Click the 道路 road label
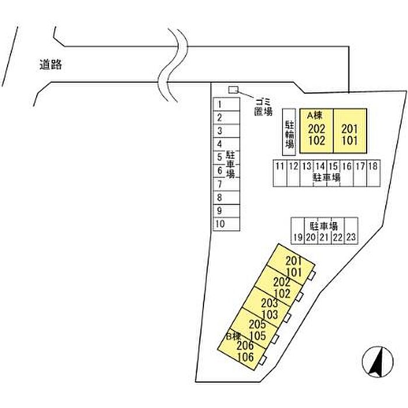tap(51, 65)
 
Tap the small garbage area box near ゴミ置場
tap(233, 90)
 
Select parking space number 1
tap(226, 104)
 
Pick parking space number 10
tap(226, 224)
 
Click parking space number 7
tap(226, 184)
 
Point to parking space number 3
tap(226, 131)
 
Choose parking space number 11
tap(280, 173)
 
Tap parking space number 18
tap(374, 173)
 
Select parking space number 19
tap(298, 231)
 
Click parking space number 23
tap(351, 231)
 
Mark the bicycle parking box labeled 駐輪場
tap(289, 132)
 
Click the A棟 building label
tap(314, 115)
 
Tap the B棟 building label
tap(233, 336)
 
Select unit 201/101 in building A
tap(350, 131)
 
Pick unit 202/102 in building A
tap(316, 131)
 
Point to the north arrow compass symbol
tap(378, 362)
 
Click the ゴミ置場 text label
tap(263, 107)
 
